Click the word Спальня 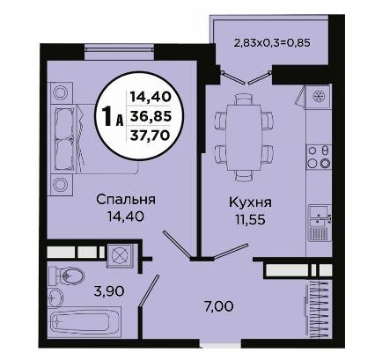[126, 200]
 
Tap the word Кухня [250, 202]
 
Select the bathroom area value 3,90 [109, 291]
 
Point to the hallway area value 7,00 [218, 307]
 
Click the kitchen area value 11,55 [250, 219]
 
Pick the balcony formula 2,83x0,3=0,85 [272, 43]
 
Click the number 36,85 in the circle [151, 117]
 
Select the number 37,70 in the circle [150, 136]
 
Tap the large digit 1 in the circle [107, 117]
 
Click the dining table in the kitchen [243, 137]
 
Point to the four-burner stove [319, 157]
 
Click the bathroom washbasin [55, 298]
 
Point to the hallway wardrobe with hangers [318, 305]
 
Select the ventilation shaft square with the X [120, 255]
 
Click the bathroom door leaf [150, 290]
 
